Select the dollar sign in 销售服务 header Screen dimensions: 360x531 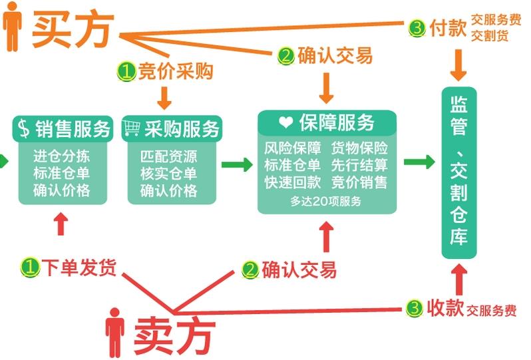click(x=24, y=128)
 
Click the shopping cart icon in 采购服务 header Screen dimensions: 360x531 click(x=132, y=128)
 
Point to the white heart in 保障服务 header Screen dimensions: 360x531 click(x=285, y=123)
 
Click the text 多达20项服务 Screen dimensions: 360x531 click(x=326, y=201)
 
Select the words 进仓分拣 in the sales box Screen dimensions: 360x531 click(x=61, y=157)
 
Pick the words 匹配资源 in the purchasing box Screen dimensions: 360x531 click(x=168, y=158)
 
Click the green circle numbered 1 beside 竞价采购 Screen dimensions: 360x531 click(x=126, y=72)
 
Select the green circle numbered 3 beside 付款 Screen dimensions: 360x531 click(x=417, y=29)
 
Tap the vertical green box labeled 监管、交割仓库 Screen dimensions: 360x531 click(x=459, y=172)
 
